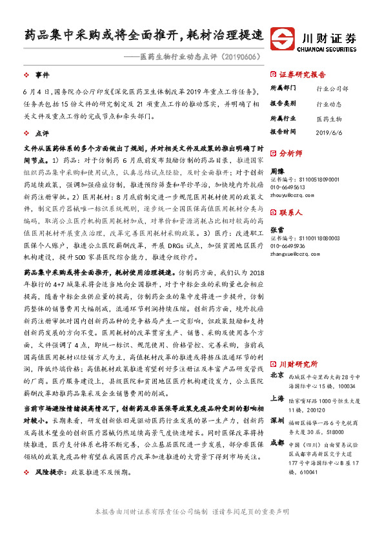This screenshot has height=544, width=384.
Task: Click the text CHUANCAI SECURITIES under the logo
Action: click(329, 48)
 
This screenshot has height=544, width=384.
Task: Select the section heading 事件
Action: click(42, 75)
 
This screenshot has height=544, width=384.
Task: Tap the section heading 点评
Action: click(42, 133)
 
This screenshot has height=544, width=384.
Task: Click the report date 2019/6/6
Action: click(328, 131)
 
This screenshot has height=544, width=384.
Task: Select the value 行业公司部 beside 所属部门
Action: click(332, 89)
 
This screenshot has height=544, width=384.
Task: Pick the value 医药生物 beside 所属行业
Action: click(329, 118)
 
